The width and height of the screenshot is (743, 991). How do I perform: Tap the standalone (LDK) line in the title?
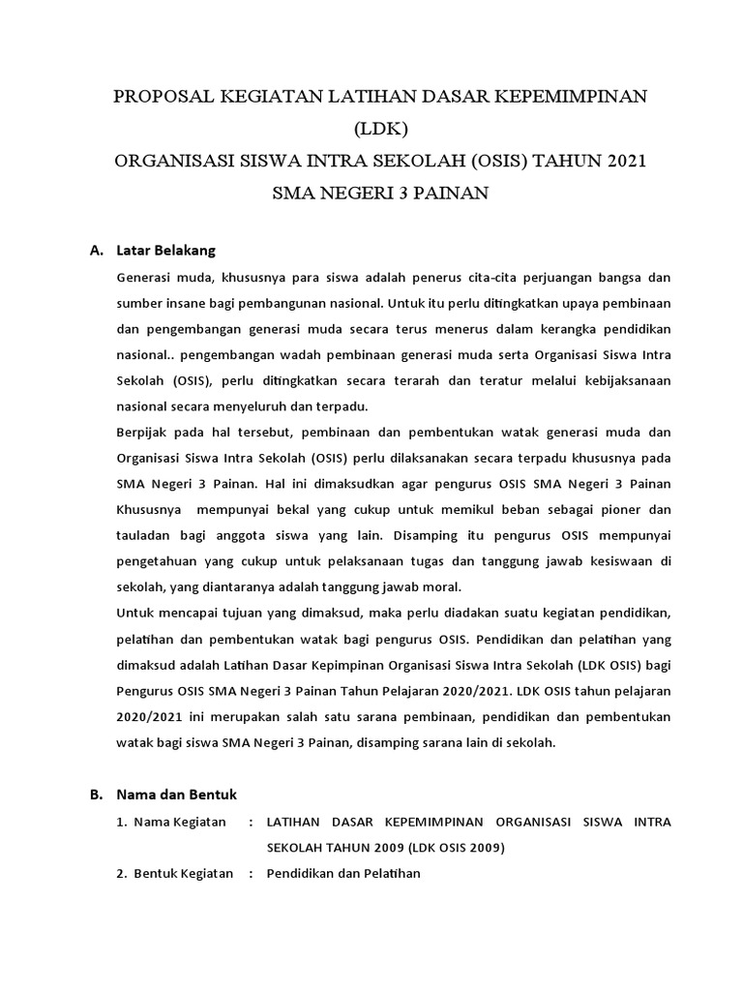point(381,129)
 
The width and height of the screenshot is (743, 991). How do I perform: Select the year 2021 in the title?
point(620,161)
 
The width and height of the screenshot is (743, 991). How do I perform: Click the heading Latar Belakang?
point(165,251)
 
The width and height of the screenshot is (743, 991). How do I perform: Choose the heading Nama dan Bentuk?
point(176,794)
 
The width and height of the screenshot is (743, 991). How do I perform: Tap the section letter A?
point(95,251)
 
